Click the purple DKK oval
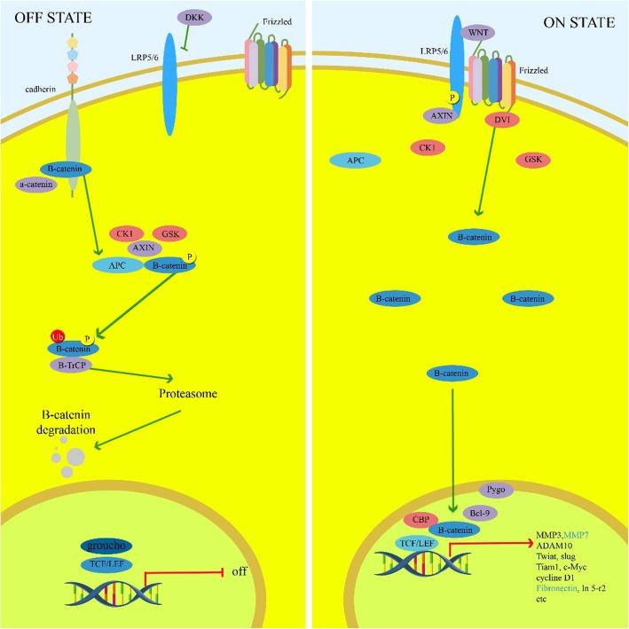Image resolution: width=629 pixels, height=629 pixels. point(191,17)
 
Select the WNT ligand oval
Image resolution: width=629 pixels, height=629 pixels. point(477,34)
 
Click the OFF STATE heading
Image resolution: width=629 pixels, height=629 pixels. point(42,17)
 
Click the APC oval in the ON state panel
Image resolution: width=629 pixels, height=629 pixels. point(355,160)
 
